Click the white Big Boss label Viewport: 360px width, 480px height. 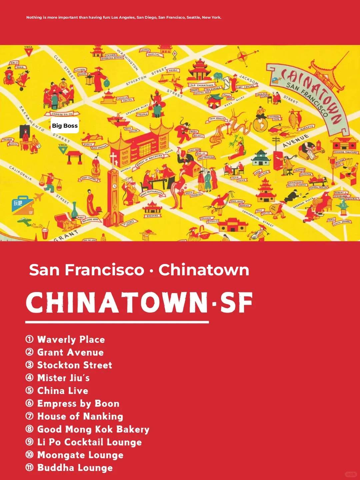click(x=65, y=126)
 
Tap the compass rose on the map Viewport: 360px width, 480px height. click(x=243, y=56)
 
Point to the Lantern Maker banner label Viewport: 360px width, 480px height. click(x=80, y=72)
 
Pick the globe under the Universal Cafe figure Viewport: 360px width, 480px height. click(x=261, y=124)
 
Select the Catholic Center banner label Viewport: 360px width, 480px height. click(x=125, y=99)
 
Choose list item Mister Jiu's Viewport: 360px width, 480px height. click(x=63, y=378)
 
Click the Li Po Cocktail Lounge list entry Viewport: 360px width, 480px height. click(x=89, y=442)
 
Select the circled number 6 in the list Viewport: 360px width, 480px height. click(x=30, y=403)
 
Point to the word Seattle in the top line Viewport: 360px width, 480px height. click(x=193, y=17)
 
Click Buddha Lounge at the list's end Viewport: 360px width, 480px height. click(x=75, y=468)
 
